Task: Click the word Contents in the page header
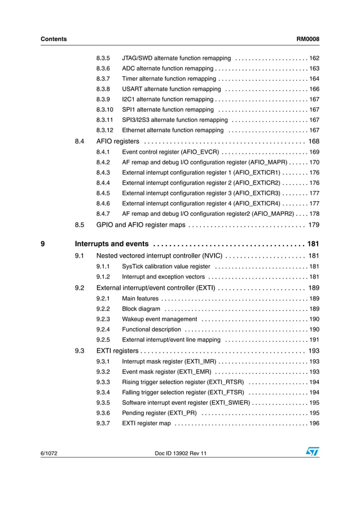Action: pos(54,39)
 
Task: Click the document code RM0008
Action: pos(308,39)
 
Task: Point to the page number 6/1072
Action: pos(50,454)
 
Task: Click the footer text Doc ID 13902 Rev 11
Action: pos(180,454)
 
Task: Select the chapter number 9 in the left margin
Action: pos(43,244)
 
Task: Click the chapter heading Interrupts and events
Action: pos(112,244)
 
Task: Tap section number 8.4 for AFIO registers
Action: pos(80,141)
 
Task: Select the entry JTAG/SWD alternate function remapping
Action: pos(176,58)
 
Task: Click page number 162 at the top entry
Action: pos(314,58)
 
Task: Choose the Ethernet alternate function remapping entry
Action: pos(173,130)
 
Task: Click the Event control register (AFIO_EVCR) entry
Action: pos(170,152)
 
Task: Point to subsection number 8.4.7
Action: pos(103,214)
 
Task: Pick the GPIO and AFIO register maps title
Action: pos(141,225)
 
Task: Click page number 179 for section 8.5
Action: pos(314,225)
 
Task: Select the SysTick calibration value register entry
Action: pos(166,267)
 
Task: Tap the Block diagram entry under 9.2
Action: pos(141,309)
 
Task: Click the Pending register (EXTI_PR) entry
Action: pos(159,413)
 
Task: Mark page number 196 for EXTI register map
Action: pos(314,424)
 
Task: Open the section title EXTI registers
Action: pos(117,351)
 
